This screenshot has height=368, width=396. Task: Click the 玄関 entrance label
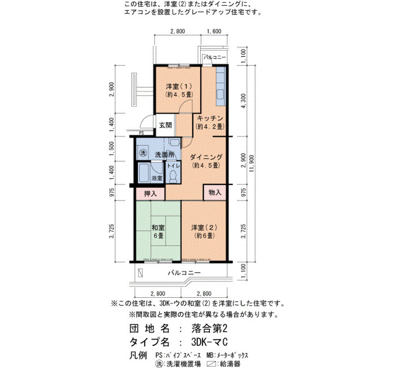point(165,125)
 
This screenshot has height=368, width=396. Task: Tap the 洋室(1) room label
point(179,87)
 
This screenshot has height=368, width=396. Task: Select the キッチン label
point(210,118)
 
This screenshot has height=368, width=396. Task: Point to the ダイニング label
point(206,157)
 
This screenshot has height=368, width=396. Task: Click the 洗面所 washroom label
point(165,155)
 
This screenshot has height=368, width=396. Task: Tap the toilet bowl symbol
point(173,176)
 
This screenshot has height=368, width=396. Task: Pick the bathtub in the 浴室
point(144,173)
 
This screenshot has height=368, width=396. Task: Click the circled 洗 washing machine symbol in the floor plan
point(143,153)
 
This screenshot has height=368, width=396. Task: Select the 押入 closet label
point(150,194)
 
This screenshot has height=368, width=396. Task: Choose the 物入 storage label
point(215,192)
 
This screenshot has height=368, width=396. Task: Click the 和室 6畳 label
point(158,232)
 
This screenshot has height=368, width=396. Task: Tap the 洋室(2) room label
point(204,228)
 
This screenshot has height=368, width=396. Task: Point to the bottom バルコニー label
point(184,273)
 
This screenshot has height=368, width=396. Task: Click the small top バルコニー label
point(214,57)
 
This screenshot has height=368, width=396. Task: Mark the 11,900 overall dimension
point(252,163)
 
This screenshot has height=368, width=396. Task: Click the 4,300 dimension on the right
point(243,101)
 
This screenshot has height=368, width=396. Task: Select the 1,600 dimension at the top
point(214,31)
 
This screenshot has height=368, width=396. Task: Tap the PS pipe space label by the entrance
point(141,133)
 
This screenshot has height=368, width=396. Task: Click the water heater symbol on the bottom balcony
point(140,273)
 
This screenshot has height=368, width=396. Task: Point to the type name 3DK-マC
point(210,342)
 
